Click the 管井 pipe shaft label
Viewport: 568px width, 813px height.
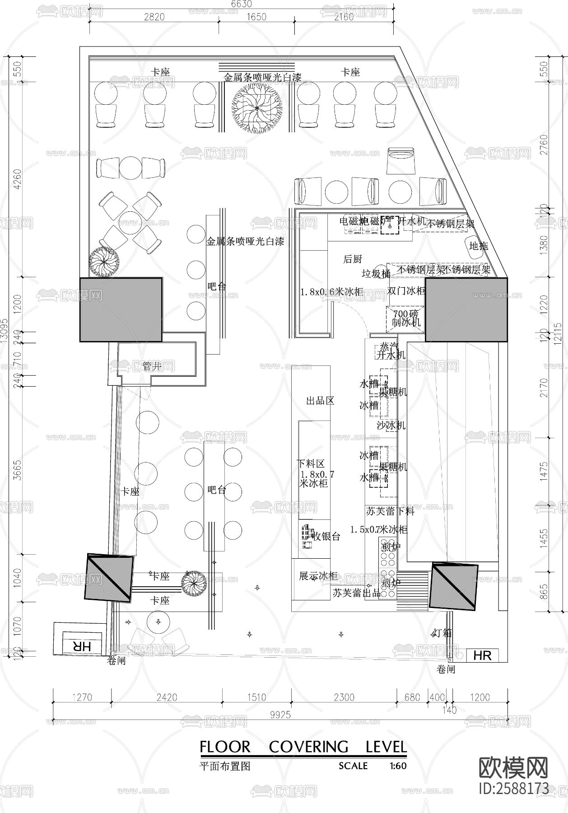click(152, 366)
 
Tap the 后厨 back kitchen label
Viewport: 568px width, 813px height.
click(353, 259)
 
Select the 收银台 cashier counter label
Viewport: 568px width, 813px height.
click(326, 537)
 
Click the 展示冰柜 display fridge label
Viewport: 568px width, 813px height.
click(318, 576)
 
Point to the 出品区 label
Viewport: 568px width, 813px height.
click(320, 401)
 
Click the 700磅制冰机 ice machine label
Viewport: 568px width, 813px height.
click(406, 318)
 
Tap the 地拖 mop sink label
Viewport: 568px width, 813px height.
click(478, 246)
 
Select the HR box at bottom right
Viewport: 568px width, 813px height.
click(482, 655)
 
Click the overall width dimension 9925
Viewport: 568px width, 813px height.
click(280, 715)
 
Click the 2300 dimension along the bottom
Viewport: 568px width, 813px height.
click(344, 697)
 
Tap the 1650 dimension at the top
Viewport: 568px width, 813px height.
click(256, 17)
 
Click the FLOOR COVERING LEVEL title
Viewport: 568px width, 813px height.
click(303, 747)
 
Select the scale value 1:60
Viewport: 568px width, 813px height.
click(397, 766)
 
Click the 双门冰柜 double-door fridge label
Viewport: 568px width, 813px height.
click(406, 291)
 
